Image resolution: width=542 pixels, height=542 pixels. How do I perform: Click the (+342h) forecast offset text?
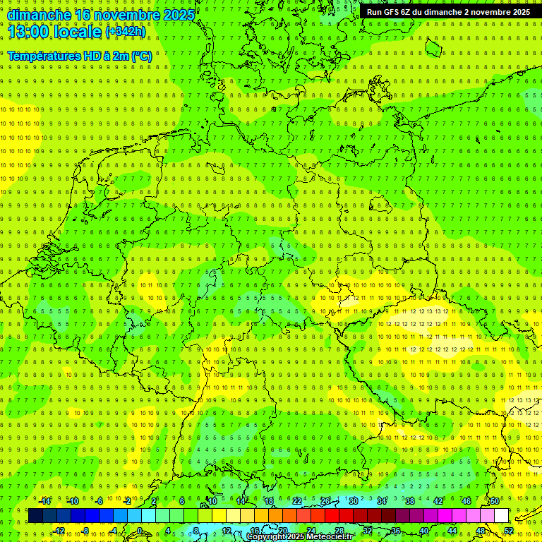tap(126, 32)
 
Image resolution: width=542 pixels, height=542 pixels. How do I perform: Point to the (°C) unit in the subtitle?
tap(141, 56)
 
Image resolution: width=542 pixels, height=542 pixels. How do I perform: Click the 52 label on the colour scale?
tap(509, 531)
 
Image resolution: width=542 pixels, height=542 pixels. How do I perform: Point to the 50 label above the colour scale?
tap(495, 502)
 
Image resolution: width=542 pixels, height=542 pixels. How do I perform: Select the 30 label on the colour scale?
tap(354, 502)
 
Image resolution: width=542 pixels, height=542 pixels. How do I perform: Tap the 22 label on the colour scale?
tap(297, 502)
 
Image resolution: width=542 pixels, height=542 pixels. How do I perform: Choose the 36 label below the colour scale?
tap(396, 531)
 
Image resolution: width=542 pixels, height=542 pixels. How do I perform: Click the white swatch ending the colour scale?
tap(502, 516)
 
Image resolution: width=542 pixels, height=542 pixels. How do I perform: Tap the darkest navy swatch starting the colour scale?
tap(35, 516)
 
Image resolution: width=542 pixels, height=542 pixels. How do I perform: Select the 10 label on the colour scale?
tap(212, 502)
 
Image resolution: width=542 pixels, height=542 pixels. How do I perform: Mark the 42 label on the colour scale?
tap(438, 502)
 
